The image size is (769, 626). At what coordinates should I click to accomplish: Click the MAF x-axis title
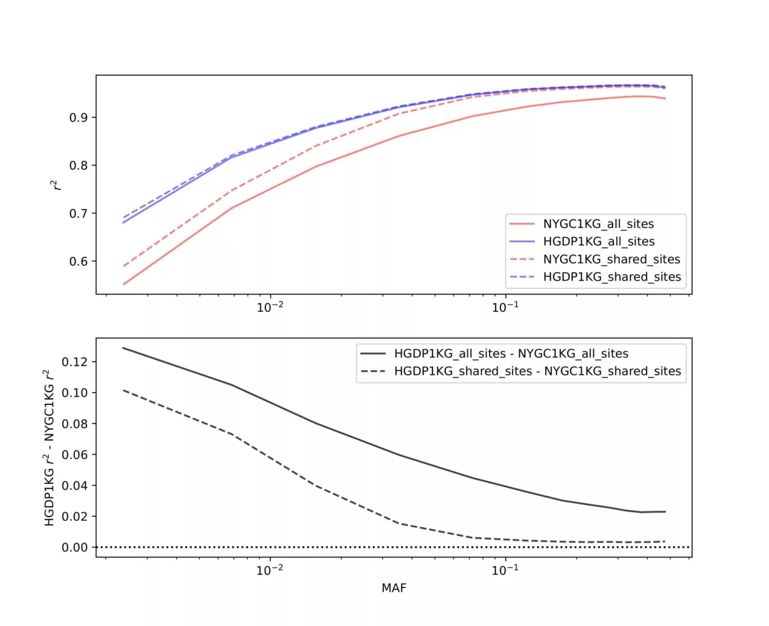[393, 587]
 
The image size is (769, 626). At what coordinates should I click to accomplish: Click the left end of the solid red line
[123, 284]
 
